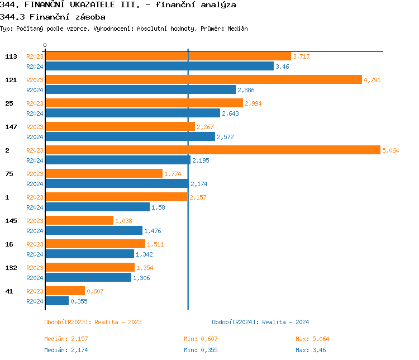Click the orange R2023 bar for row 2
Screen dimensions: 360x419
click(x=212, y=150)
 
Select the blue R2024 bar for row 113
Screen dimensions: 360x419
click(x=159, y=66)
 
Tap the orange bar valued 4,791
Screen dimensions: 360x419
click(x=203, y=79)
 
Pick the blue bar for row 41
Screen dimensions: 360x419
click(x=56, y=301)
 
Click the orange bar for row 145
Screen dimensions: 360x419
click(x=79, y=220)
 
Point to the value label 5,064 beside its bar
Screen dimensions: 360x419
click(x=391, y=150)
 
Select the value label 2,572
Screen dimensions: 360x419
click(x=225, y=137)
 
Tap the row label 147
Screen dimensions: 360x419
click(x=11, y=127)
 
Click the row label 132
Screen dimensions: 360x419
click(x=11, y=268)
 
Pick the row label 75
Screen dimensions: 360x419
click(x=9, y=174)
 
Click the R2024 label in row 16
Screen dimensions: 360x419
click(x=35, y=254)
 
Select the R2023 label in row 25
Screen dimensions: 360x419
click(x=35, y=103)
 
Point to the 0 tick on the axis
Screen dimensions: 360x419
click(x=45, y=45)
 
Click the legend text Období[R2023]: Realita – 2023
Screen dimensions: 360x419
click(x=93, y=322)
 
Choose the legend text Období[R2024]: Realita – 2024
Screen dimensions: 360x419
click(x=260, y=322)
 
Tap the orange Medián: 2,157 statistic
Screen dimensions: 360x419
click(x=66, y=339)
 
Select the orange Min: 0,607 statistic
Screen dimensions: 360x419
click(x=201, y=339)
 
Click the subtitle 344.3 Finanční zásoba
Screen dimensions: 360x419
click(x=53, y=17)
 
